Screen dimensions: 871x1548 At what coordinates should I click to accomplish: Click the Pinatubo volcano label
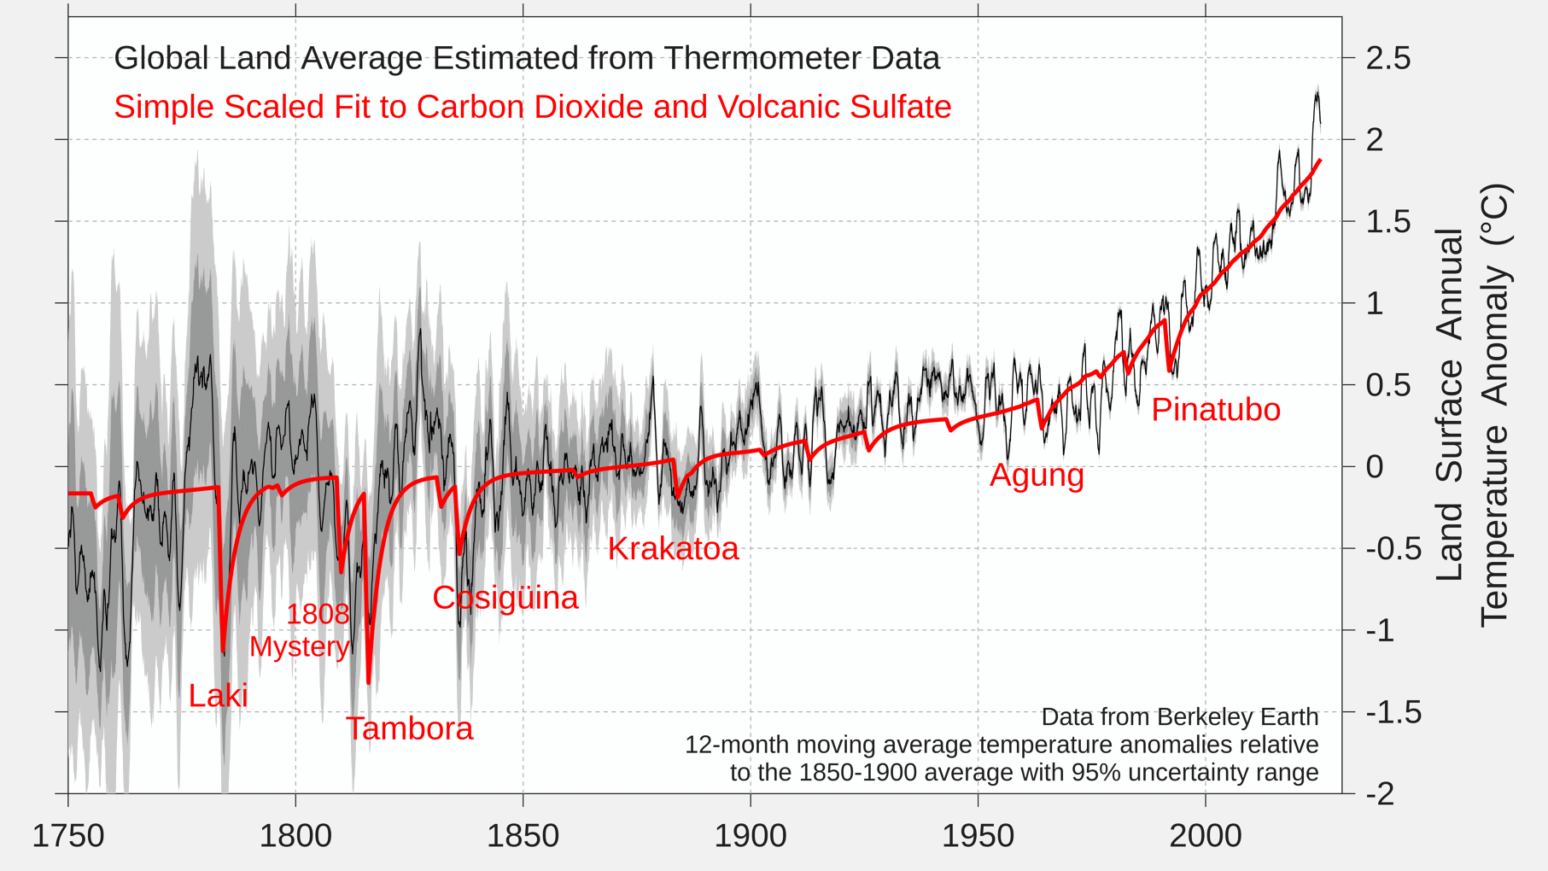1215,410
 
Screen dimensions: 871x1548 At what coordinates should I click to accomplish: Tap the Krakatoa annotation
673,548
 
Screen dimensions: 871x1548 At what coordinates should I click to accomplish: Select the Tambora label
409,728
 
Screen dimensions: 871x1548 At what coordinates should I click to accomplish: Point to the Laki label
218,695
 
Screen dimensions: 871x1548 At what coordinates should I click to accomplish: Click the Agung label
1037,475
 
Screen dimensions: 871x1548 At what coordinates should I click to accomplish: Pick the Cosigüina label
505,598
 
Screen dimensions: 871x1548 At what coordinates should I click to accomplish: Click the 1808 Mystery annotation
300,630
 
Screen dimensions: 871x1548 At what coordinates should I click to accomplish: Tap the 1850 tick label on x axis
523,835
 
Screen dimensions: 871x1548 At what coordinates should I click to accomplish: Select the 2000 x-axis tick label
1205,835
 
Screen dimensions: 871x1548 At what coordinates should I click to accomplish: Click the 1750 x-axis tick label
68,835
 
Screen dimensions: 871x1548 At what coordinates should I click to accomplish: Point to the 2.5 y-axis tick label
1387,58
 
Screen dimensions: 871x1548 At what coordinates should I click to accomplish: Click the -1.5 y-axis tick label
1393,712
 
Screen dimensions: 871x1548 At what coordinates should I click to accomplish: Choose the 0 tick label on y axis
1374,467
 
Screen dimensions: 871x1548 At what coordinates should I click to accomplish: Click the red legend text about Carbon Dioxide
532,107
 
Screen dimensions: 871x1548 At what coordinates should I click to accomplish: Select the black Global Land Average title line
526,58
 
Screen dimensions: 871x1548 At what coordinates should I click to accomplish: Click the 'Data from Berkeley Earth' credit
1179,716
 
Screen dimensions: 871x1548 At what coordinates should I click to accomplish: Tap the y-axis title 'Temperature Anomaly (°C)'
1494,406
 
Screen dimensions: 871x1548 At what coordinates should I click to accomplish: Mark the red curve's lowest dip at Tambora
369,681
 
